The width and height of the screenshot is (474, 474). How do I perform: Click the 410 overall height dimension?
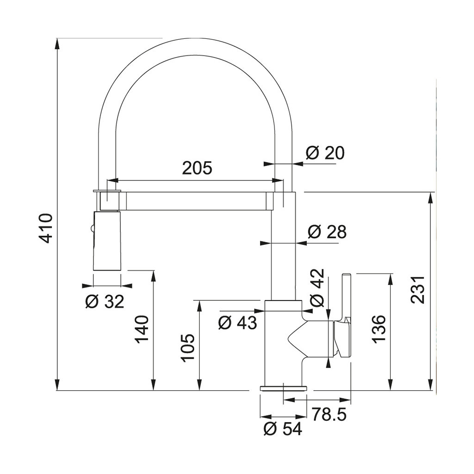[47, 228]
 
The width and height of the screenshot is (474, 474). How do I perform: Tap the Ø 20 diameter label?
[325, 153]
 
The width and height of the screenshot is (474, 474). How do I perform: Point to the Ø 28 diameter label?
[327, 232]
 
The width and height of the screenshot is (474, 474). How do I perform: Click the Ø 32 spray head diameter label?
[105, 301]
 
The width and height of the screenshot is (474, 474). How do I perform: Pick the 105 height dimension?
[188, 348]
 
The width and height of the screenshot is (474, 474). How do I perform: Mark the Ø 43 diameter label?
[237, 323]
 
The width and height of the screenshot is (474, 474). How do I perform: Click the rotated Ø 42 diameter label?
[317, 287]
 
